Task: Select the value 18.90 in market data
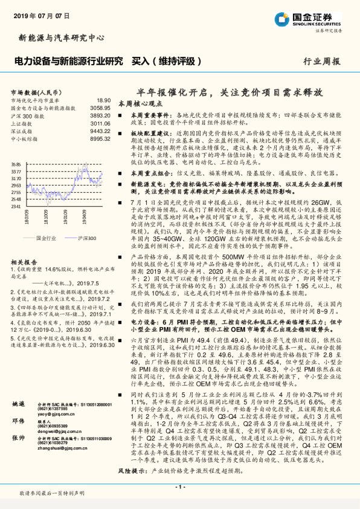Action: [x=103, y=100]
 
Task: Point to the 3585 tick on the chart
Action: [x=16, y=164]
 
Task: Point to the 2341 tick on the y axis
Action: [x=16, y=206]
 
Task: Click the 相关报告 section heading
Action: [x=25, y=262]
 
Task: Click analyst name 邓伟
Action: [x=18, y=453]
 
